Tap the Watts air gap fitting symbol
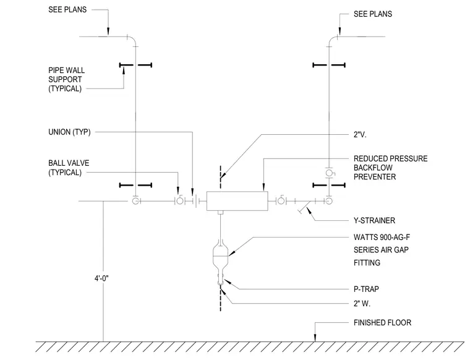click(x=220, y=256)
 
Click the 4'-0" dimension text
click(x=101, y=278)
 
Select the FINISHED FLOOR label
click(x=382, y=322)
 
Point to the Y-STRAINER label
click(x=374, y=221)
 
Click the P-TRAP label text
click(x=366, y=289)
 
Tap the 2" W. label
click(x=362, y=304)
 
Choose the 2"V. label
click(x=360, y=135)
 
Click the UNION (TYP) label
click(x=69, y=132)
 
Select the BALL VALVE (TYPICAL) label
click(x=69, y=168)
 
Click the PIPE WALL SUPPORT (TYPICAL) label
click(x=66, y=79)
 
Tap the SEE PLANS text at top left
click(x=67, y=10)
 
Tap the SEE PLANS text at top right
click(x=373, y=14)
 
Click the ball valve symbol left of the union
click(x=179, y=200)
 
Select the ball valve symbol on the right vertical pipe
click(x=329, y=173)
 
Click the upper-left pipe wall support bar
click(x=135, y=65)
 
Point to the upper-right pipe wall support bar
click(x=329, y=65)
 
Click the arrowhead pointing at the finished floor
click(x=315, y=338)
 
